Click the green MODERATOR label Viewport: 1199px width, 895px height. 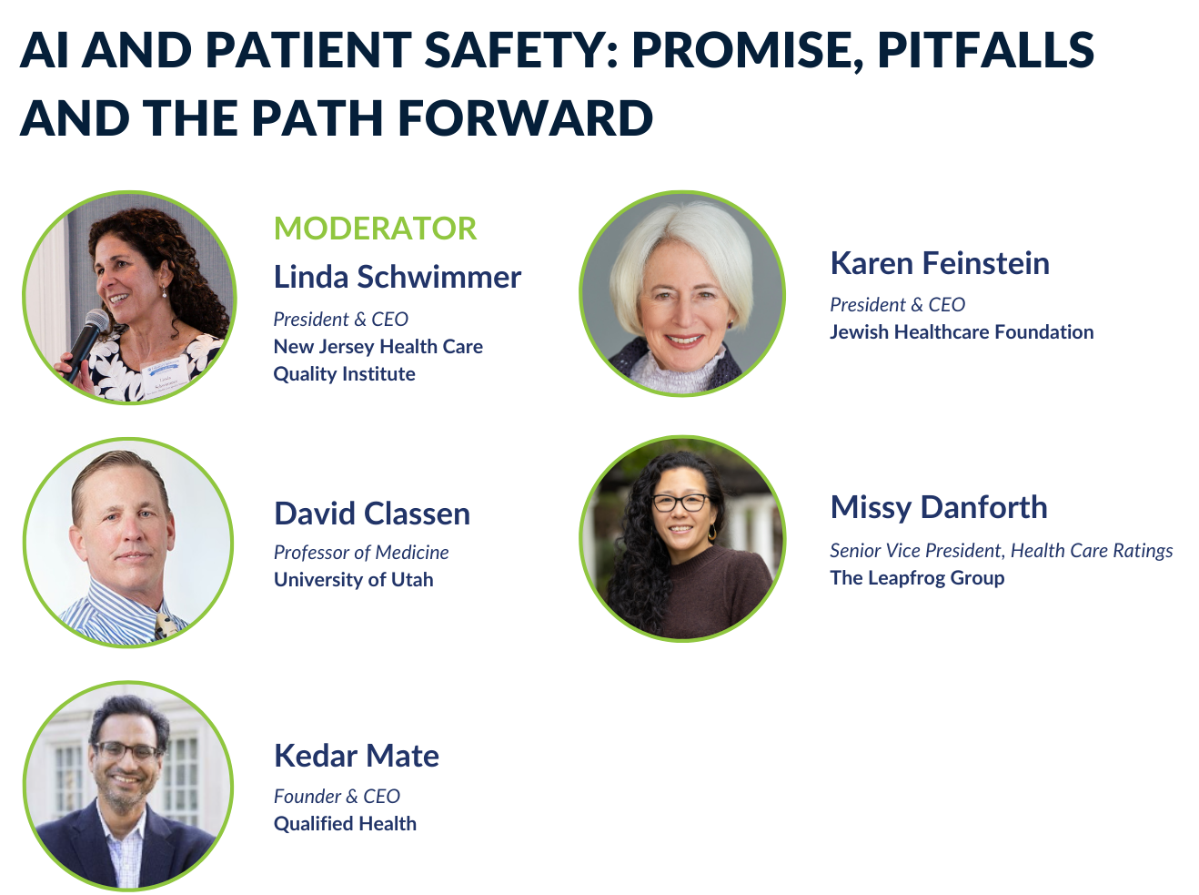[376, 228]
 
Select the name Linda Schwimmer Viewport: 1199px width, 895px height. [398, 277]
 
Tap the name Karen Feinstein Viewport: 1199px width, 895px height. [940, 263]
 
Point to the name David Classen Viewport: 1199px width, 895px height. [372, 514]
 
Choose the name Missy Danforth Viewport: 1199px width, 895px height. [939, 507]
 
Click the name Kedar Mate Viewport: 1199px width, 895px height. [356, 756]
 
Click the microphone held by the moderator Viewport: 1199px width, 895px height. [87, 343]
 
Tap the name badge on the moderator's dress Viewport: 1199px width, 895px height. [166, 374]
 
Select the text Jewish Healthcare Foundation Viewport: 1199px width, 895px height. [962, 331]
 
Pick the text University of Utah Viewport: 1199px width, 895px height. [353, 580]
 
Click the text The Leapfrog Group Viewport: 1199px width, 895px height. [917, 578]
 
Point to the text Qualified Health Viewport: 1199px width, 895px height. [345, 823]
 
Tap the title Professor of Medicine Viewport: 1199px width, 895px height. [361, 552]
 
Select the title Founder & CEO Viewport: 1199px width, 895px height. [337, 796]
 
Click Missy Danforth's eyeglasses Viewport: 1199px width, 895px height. [681, 503]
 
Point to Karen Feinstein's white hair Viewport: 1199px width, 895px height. [683, 240]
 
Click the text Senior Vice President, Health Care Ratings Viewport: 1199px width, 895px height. [1002, 551]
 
